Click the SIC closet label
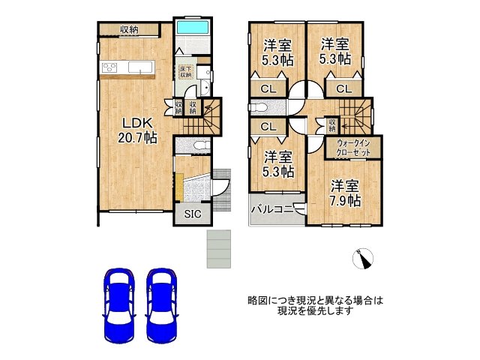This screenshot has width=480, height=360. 193,214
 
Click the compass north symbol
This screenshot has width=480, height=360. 365,259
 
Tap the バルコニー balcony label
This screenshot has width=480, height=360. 271,209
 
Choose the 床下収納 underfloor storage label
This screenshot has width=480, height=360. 184,72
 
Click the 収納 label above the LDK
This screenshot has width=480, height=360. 128,29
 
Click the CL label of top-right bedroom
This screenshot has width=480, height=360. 343,89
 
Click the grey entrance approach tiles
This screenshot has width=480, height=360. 220,247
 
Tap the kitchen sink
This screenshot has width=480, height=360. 139,68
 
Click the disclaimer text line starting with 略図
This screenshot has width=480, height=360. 315,301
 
